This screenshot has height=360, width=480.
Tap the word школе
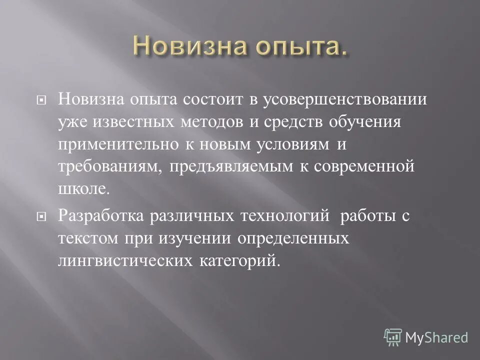pyautogui.click(x=82, y=188)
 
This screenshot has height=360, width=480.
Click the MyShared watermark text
pyautogui.click(x=436, y=337)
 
